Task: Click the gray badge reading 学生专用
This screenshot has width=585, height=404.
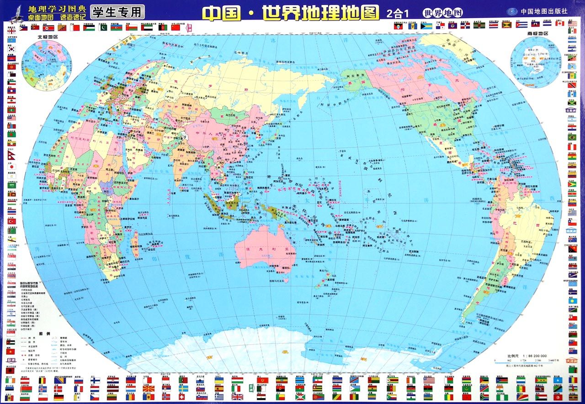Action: (x=117, y=11)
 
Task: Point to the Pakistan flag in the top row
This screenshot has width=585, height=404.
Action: (x=103, y=27)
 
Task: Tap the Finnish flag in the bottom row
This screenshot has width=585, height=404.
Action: (x=95, y=380)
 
